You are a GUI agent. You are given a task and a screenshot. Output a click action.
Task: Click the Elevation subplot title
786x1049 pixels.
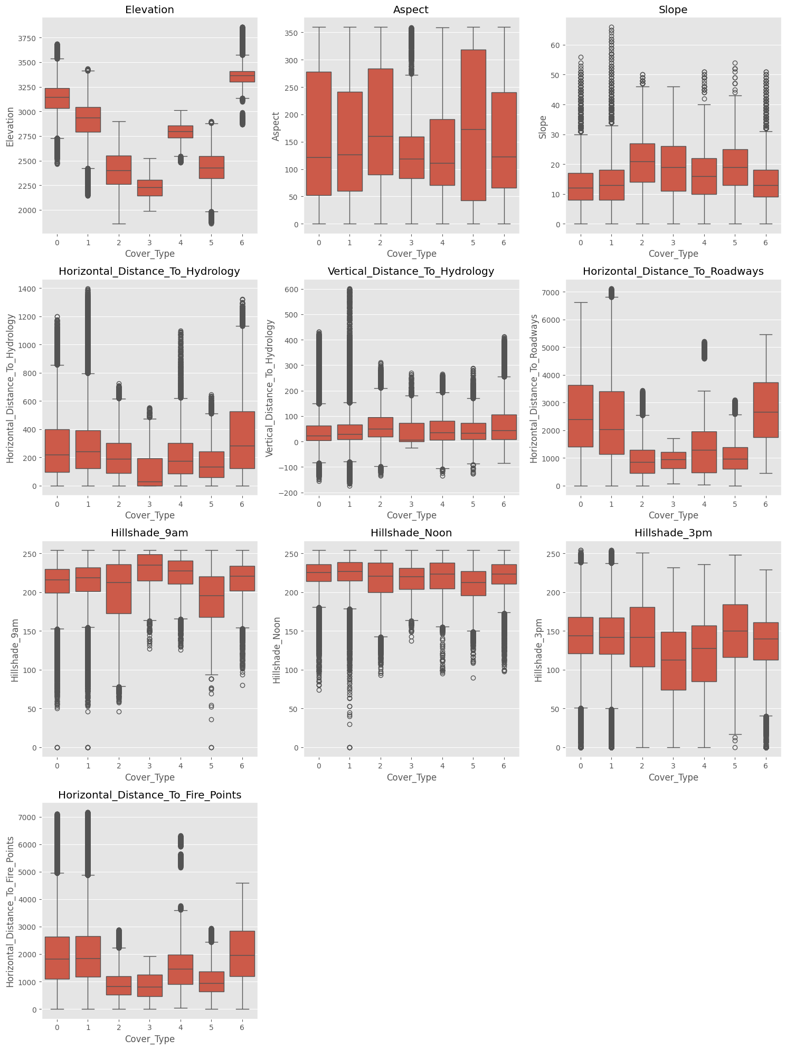pos(149,10)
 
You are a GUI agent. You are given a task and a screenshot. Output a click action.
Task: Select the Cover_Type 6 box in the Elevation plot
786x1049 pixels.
pos(242,76)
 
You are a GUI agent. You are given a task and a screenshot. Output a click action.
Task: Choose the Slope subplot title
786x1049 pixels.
pos(673,10)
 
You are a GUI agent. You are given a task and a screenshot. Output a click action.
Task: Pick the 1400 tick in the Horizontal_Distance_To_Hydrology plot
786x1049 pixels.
pos(27,289)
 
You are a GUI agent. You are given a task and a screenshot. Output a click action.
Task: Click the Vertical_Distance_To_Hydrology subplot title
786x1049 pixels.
pos(411,272)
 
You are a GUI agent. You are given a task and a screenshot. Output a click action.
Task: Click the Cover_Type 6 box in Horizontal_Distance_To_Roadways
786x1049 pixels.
pos(765,410)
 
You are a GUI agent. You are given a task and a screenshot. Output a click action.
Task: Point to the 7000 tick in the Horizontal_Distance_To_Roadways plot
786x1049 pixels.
pos(552,293)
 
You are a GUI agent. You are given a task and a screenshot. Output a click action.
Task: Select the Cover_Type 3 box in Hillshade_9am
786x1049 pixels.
pos(149,567)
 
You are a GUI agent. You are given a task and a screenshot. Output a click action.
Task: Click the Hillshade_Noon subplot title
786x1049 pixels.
pos(411,533)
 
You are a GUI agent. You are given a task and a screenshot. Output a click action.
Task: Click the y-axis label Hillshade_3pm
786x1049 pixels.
pos(539,650)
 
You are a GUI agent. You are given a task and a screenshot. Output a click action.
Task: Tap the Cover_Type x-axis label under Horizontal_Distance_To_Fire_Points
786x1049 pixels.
pos(149,1039)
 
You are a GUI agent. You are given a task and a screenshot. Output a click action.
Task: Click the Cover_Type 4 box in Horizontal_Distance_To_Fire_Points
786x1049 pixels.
pos(181,969)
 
